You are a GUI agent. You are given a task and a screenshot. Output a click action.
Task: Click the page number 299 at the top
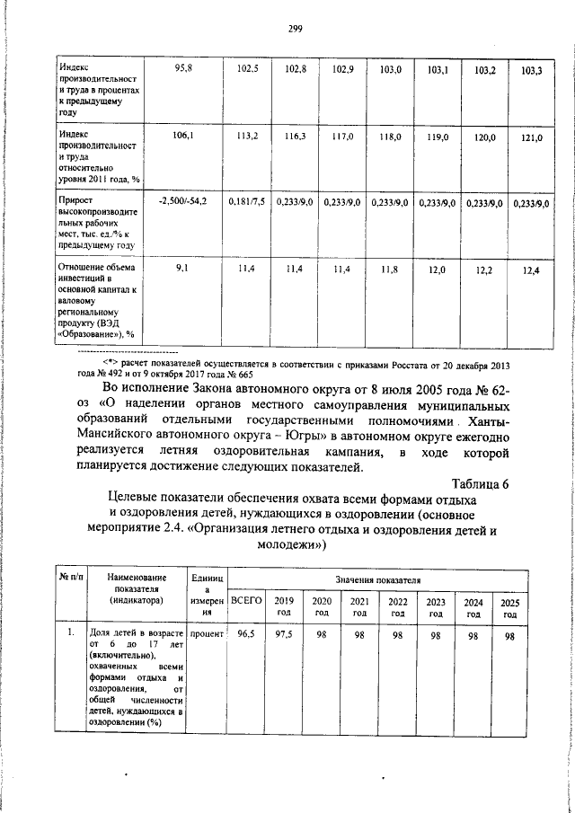(x=294, y=29)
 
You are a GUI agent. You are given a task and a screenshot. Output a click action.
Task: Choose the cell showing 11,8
(x=389, y=270)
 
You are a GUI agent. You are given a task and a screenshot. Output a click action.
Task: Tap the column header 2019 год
(x=283, y=606)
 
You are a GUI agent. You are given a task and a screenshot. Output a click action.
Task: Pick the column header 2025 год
(x=509, y=608)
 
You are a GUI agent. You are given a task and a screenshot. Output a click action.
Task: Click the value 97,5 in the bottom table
(x=283, y=634)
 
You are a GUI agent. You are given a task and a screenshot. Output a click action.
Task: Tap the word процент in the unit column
(x=206, y=634)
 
